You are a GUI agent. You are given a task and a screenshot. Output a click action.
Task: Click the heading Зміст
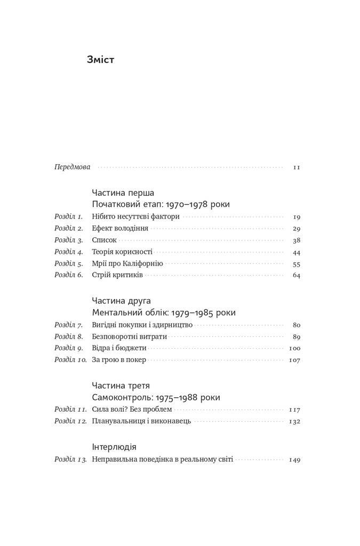pos(100,59)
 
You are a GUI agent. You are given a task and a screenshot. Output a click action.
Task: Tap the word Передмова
pos(73,167)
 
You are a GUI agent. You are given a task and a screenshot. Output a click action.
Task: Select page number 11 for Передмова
pos(297,167)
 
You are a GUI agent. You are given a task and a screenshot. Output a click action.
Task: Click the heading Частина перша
pos(123,192)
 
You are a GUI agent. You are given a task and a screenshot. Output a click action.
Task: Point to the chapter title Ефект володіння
pos(120,228)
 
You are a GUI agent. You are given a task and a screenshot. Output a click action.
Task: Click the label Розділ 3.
pos(69,240)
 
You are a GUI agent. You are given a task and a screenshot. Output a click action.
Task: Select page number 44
pos(297,252)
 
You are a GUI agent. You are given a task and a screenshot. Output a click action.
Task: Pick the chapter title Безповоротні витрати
pos(130,336)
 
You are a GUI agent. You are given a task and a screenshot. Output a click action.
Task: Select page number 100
pos(295,348)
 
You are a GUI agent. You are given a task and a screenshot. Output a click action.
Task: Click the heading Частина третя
pos(121,385)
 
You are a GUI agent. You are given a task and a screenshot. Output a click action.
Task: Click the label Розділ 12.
pos(70,421)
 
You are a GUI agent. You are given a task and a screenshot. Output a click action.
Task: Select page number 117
pos(295,409)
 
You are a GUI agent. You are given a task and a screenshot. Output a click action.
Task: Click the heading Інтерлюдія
pos(114,447)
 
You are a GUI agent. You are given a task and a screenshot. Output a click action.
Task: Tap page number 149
pos(295,459)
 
